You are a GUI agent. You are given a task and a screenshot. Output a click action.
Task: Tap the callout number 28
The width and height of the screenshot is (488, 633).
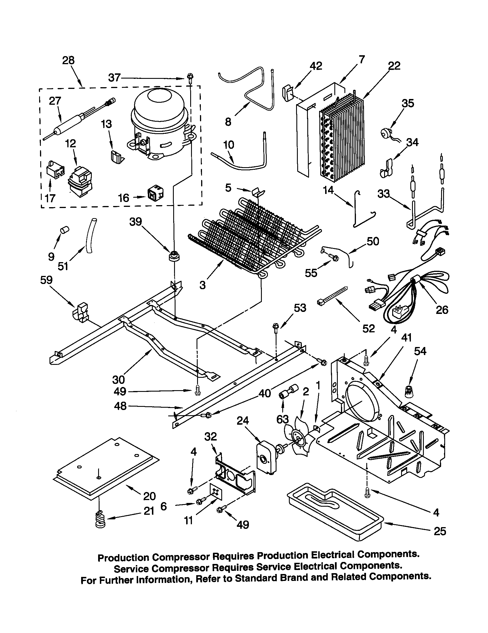point(68,61)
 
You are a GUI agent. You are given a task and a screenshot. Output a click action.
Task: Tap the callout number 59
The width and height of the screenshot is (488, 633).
point(46,280)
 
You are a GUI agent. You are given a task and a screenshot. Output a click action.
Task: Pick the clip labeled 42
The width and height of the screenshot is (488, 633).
point(286,93)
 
